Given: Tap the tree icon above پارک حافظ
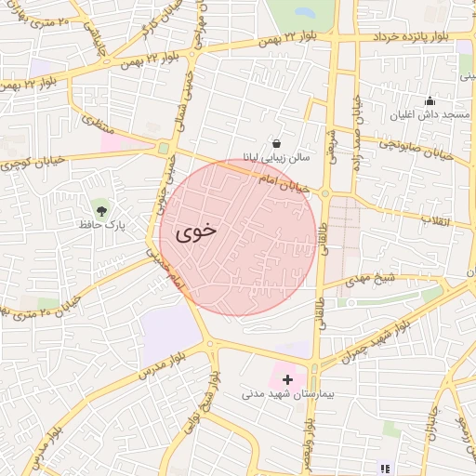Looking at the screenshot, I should pos(101,205).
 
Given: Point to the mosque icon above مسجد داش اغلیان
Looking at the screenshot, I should pos(429,100).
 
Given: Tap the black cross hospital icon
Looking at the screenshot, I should pos(287,379).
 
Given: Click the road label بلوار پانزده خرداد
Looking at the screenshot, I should pos(416,35).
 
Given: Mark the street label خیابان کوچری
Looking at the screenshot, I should pos(33,161).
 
